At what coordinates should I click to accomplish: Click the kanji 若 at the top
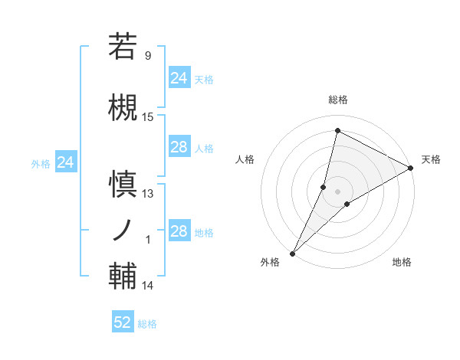click(123, 47)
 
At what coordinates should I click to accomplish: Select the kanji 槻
click(123, 107)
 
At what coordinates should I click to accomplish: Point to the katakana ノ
click(123, 230)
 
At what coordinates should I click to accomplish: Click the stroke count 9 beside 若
click(147, 55)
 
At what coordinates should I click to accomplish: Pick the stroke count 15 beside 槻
click(148, 117)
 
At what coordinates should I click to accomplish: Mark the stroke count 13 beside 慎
click(148, 194)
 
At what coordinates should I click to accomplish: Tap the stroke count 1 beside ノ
click(148, 240)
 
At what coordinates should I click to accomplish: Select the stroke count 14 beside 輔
click(148, 286)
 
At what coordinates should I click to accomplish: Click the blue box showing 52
click(123, 323)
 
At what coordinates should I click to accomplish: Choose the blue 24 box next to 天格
click(179, 78)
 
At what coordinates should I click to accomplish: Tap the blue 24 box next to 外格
click(66, 162)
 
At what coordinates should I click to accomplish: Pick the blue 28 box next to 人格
click(179, 147)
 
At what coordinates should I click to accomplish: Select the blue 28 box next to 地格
click(179, 231)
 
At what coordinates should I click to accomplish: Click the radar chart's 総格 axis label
click(337, 100)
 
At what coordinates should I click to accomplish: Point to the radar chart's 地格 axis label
click(402, 263)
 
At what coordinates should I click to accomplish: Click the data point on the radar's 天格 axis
click(411, 168)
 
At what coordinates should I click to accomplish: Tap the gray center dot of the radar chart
click(337, 191)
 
